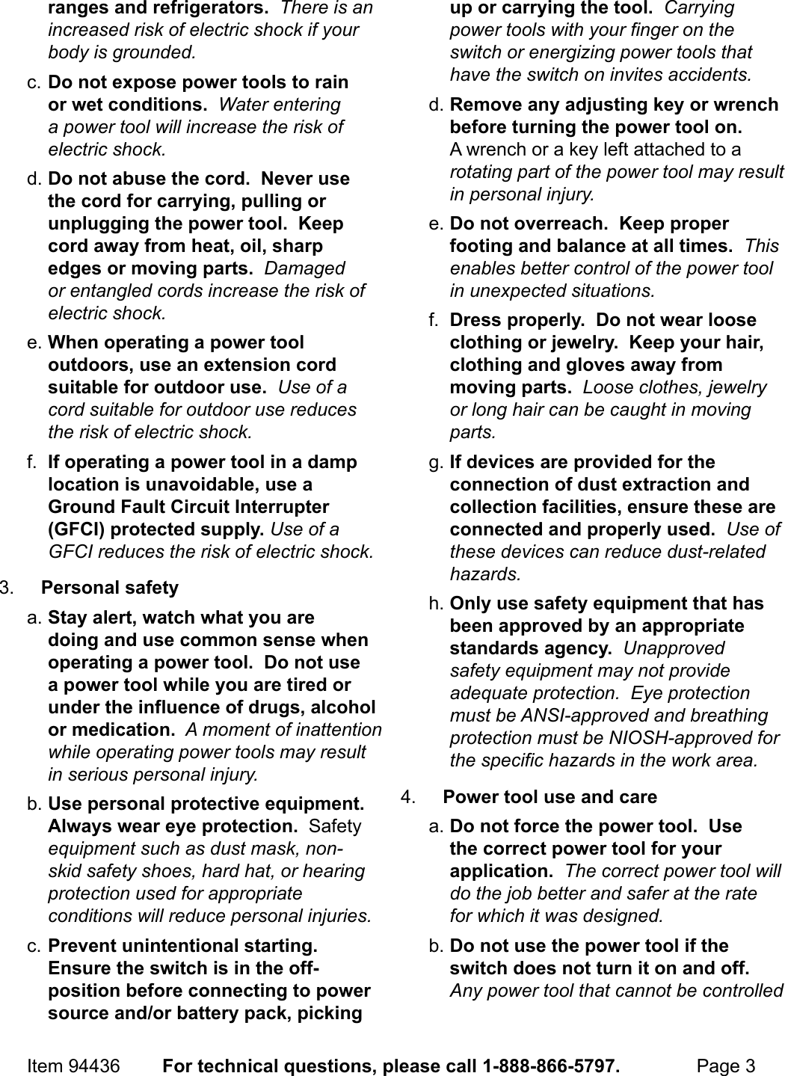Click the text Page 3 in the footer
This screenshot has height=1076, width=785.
[725, 1065]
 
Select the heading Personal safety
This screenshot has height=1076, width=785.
[110, 588]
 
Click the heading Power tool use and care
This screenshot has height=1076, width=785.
[550, 797]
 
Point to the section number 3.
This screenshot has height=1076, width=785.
[7, 588]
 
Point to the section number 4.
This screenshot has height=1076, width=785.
[408, 797]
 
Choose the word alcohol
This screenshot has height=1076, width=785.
[342, 707]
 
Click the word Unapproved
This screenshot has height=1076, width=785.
[674, 648]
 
